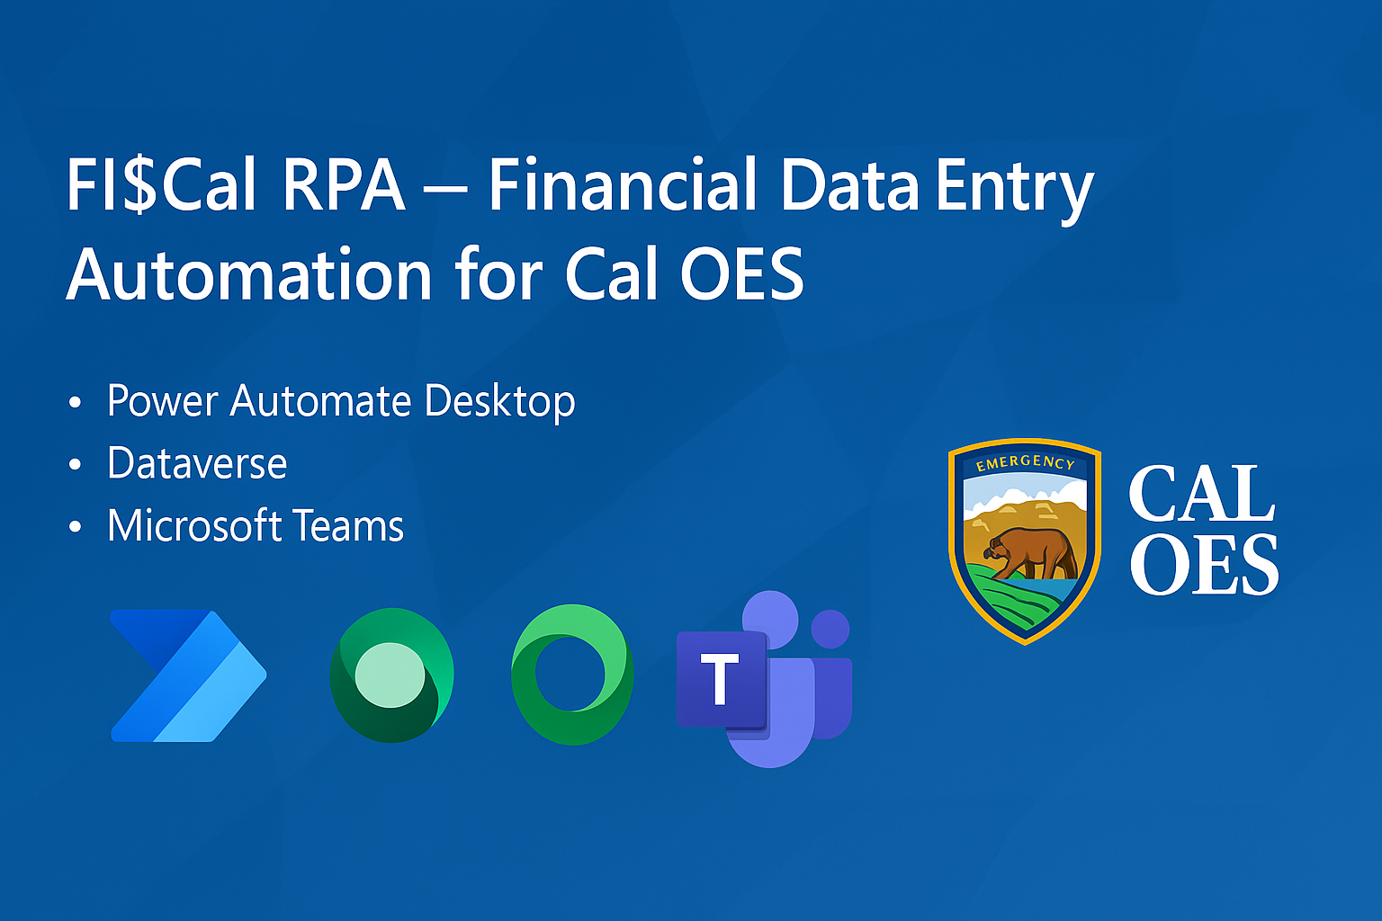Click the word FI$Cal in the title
coord(161,184)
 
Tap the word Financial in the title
coord(623,183)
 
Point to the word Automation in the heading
coord(250,273)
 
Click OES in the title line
coord(741,273)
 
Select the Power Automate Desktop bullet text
coord(341,401)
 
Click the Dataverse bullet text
coord(197,462)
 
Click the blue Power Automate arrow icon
coord(188,675)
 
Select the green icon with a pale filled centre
coord(391,675)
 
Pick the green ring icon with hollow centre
coord(572,675)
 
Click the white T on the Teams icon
coord(720,679)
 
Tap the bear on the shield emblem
coord(1031,553)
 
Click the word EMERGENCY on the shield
coord(1025,462)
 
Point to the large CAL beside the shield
coord(1201,494)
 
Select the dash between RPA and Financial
coord(446,192)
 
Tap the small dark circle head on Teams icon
coord(830,630)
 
